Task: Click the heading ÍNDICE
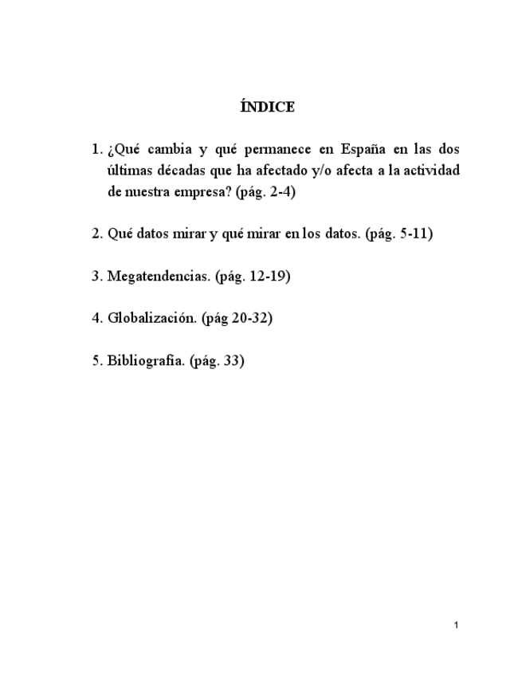coord(267,106)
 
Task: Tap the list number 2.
coord(96,234)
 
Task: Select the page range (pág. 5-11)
coord(398,234)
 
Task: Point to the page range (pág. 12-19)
coord(253,277)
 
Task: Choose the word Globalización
coord(151,318)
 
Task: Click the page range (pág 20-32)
coord(237,318)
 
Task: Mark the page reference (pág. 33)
coord(217,360)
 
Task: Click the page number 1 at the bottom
coord(456,625)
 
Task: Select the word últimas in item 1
coord(128,171)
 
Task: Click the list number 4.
coord(96,318)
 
